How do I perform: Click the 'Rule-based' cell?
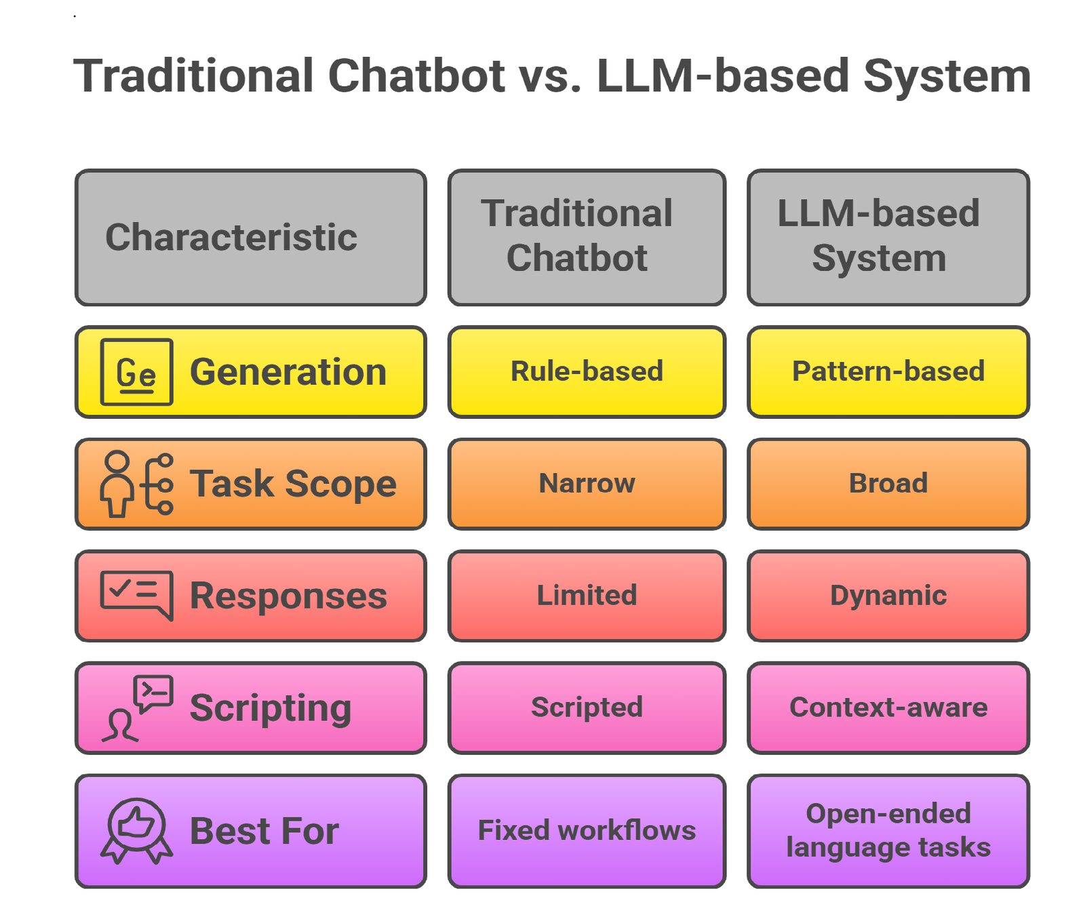587,371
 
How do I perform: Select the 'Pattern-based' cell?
888,371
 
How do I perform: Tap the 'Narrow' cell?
587,483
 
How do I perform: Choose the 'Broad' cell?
888,483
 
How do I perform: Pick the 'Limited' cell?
587,595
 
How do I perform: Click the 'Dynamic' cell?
888,595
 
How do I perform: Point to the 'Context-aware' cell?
888,707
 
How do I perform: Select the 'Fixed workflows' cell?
587,830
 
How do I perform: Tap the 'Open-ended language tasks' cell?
888,830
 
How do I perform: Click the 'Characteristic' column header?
250,237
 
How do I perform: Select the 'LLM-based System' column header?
888,237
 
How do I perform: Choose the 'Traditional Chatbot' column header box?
587,237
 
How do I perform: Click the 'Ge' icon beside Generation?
136,372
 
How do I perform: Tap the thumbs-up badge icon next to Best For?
136,830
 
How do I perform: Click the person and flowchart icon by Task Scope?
136,484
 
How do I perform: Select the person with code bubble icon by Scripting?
136,708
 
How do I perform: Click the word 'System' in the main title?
947,76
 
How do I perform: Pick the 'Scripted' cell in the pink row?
587,707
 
